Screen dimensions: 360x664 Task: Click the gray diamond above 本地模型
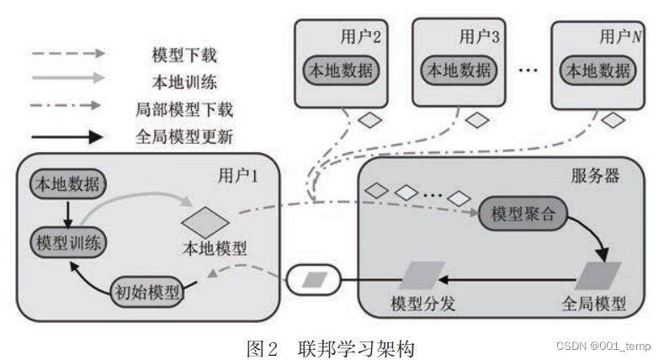pos(205,222)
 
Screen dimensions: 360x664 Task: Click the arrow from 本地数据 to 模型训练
pos(66,212)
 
